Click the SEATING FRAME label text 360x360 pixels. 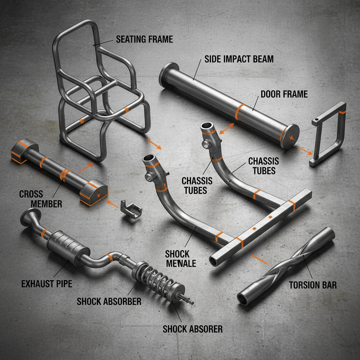(144, 39)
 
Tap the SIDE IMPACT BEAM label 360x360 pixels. (239, 59)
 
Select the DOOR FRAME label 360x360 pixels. (284, 94)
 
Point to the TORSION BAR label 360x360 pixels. (313, 285)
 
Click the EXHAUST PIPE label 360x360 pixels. (47, 284)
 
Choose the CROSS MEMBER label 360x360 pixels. (41, 199)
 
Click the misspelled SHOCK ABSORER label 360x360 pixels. (193, 329)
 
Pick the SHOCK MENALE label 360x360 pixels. (181, 259)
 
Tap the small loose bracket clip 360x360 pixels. (131, 209)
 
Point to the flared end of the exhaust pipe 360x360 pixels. (30, 217)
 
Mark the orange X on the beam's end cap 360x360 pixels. (291, 138)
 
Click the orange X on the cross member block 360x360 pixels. (99, 195)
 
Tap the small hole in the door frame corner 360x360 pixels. (317, 120)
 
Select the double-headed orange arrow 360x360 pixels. (227, 128)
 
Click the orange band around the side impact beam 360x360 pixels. (239, 112)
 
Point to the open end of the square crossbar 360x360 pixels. (213, 261)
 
